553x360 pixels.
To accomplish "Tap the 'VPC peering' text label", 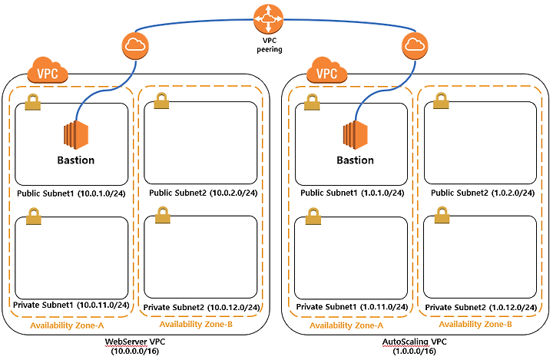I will (270, 44).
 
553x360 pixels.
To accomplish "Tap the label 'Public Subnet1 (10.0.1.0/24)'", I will (71, 193).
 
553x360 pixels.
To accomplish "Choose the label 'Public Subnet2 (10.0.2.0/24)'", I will (201, 193).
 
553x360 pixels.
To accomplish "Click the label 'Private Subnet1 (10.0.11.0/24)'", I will (71, 306).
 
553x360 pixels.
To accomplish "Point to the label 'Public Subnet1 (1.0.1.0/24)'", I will (350, 193).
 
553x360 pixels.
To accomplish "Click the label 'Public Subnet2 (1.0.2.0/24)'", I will (480, 193).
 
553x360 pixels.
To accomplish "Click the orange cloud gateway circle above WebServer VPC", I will (134, 45).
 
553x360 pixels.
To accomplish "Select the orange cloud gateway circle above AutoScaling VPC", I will (414, 45).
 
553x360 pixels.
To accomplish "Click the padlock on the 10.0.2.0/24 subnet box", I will (162, 101).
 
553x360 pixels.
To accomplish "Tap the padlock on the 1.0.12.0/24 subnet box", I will (442, 216).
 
